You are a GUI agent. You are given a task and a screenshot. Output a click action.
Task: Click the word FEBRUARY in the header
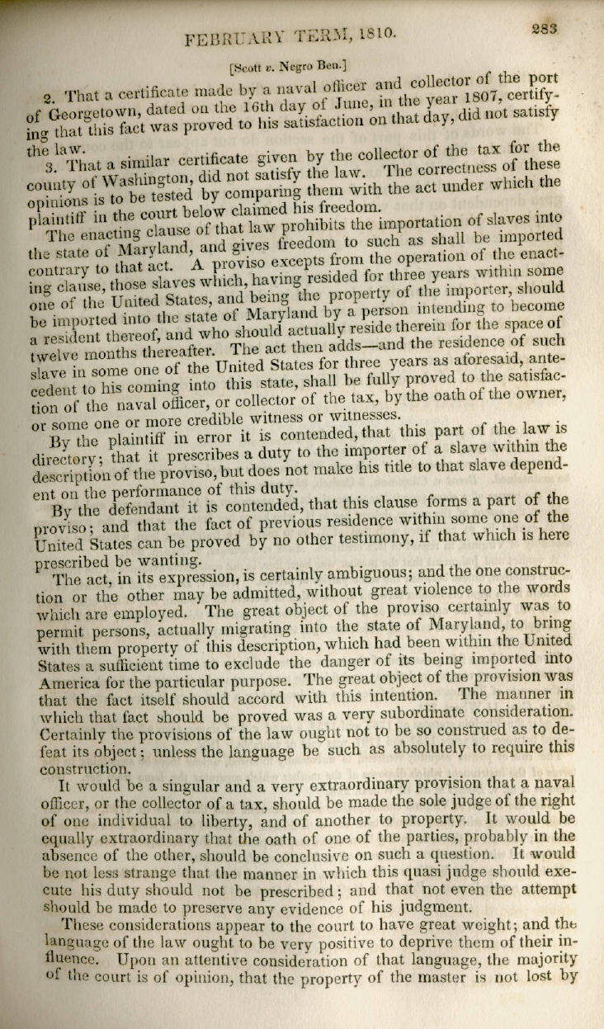coord(231,38)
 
